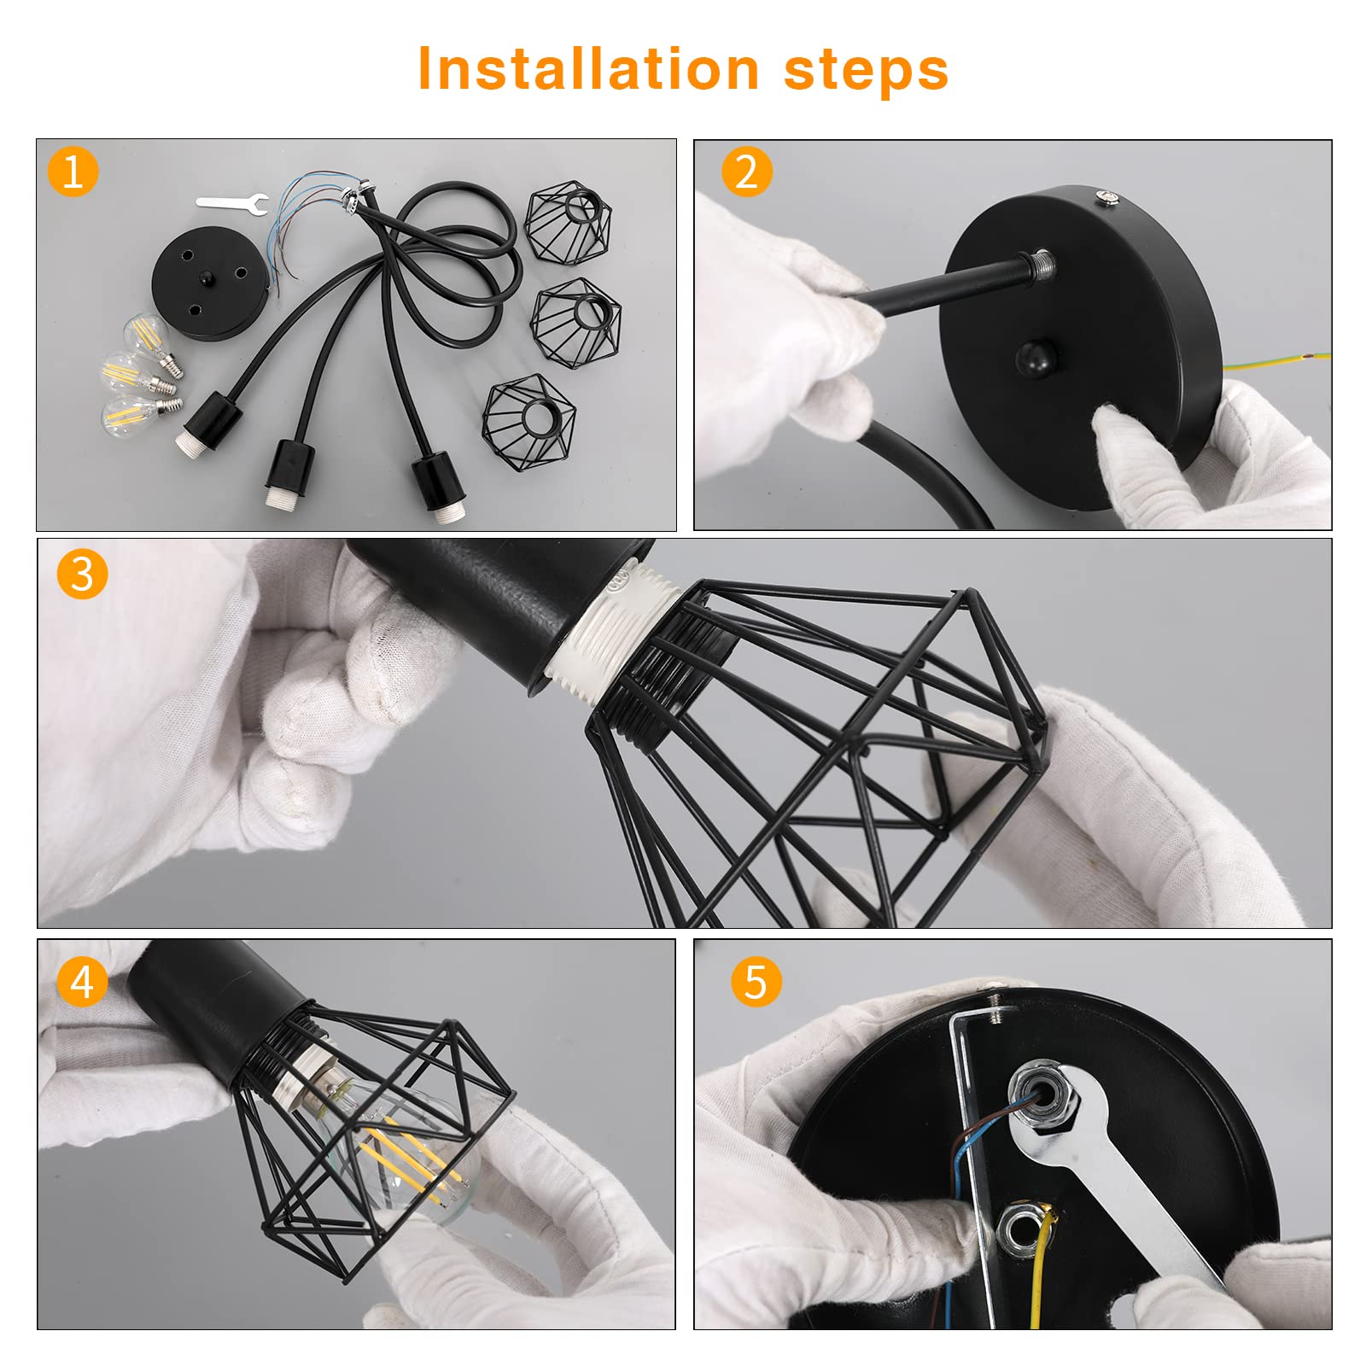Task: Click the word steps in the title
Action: pos(866,72)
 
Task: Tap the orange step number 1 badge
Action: pos(73,172)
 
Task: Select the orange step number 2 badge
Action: pos(746,172)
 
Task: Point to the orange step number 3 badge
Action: pos(82,574)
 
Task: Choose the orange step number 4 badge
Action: pos(82,982)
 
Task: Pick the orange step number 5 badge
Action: pos(756,982)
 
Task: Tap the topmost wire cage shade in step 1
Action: pos(569,225)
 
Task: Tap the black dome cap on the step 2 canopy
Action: pos(1036,358)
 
